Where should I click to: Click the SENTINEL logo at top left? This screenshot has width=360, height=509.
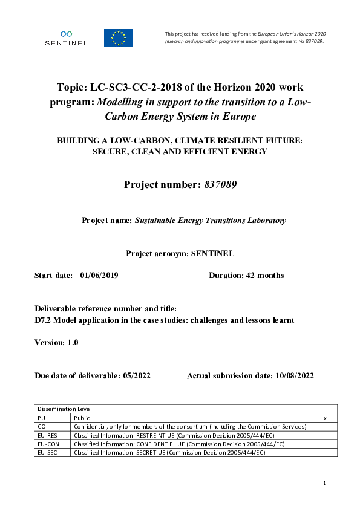tap(66, 38)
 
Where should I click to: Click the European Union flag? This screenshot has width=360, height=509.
tap(118, 38)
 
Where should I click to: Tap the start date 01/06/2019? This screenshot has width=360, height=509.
tap(99, 275)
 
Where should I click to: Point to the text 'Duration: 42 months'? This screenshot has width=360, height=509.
tap(246, 275)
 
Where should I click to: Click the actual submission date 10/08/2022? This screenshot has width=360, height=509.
tap(293, 375)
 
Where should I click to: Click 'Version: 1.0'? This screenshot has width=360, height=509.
tap(56, 342)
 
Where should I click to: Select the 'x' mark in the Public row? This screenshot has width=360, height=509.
tap(326, 418)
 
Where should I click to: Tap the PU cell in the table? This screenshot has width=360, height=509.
tap(42, 418)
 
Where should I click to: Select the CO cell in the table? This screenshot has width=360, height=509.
tap(42, 426)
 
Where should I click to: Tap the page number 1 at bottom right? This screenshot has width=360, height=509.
tap(325, 482)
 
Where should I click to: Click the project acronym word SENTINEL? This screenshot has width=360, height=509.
tap(212, 254)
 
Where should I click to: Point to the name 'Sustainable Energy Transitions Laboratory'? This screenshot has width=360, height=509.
tap(210, 221)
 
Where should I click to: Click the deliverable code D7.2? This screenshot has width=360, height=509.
tap(44, 320)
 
